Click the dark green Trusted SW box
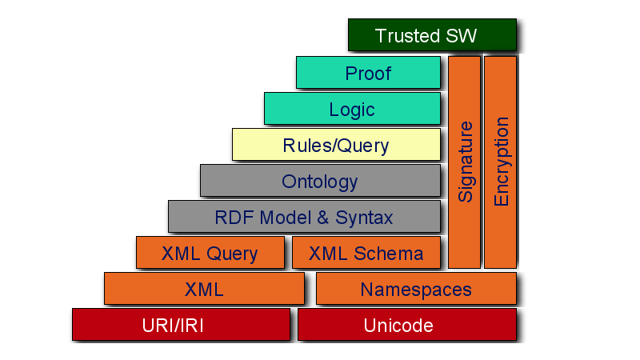click(x=432, y=35)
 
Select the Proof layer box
click(x=368, y=72)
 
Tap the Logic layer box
click(x=352, y=108)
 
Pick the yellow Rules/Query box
click(x=336, y=145)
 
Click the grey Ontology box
click(x=320, y=181)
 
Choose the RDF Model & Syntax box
click(x=304, y=217)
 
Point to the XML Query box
click(x=210, y=253)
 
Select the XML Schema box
click(x=366, y=253)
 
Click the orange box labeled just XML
click(x=204, y=289)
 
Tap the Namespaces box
click(x=416, y=289)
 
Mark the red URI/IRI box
click(x=181, y=325)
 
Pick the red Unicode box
click(x=406, y=325)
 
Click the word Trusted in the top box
click(x=407, y=35)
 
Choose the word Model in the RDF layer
click(x=281, y=217)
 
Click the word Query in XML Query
click(x=233, y=254)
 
